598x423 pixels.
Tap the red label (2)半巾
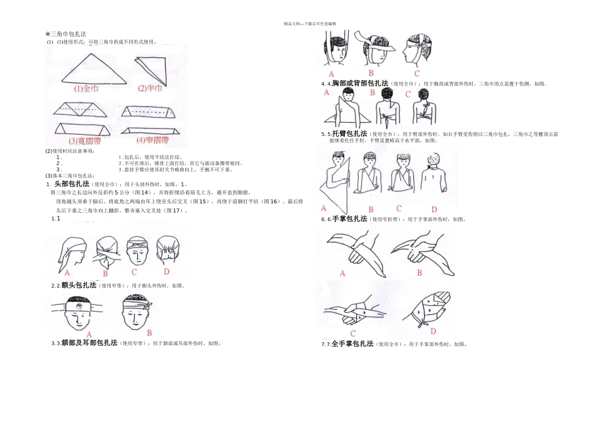pos(152,88)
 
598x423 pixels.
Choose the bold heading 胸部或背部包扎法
pos(359,83)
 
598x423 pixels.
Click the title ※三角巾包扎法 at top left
pos(66,34)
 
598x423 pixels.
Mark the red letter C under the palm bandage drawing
pos(353,333)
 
